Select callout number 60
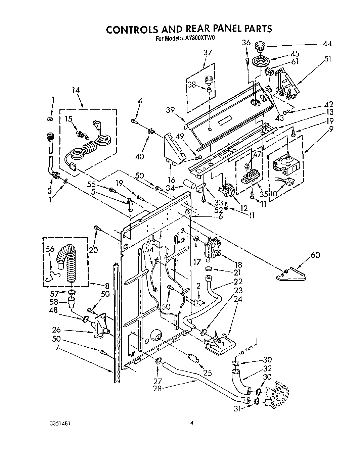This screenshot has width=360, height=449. click(x=315, y=255)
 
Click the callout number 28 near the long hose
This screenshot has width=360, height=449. click(x=157, y=388)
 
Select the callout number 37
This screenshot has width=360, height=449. click(x=208, y=52)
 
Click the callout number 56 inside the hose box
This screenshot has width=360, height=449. click(x=50, y=249)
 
